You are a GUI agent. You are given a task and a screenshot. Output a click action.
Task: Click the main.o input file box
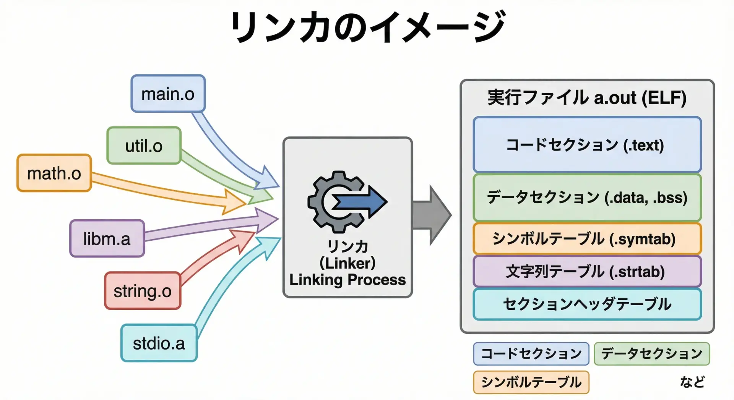click(x=168, y=94)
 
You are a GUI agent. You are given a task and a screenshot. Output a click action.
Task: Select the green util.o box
click(x=144, y=146)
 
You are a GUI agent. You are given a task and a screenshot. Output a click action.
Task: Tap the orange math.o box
click(x=54, y=173)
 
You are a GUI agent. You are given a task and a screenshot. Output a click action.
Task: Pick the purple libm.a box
click(x=107, y=239)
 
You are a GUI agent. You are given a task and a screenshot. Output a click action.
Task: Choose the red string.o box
click(x=142, y=291)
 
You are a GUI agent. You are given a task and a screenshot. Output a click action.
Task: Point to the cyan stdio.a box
click(x=159, y=343)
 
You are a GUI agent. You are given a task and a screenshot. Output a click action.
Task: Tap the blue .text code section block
click(x=587, y=145)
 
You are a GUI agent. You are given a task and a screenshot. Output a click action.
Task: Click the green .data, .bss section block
click(x=587, y=198)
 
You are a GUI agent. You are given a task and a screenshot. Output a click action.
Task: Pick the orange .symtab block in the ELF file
click(x=587, y=239)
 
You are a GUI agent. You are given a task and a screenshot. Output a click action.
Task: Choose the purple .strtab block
click(x=587, y=272)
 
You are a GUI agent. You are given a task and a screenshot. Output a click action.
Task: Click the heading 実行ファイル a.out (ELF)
click(x=587, y=97)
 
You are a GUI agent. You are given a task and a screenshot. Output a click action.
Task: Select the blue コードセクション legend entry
click(x=531, y=353)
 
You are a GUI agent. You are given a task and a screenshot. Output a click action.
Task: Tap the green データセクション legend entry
click(x=652, y=353)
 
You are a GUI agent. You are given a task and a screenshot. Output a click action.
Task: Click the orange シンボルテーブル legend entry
click(x=531, y=382)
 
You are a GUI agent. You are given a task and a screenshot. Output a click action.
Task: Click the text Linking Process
click(x=348, y=280)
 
